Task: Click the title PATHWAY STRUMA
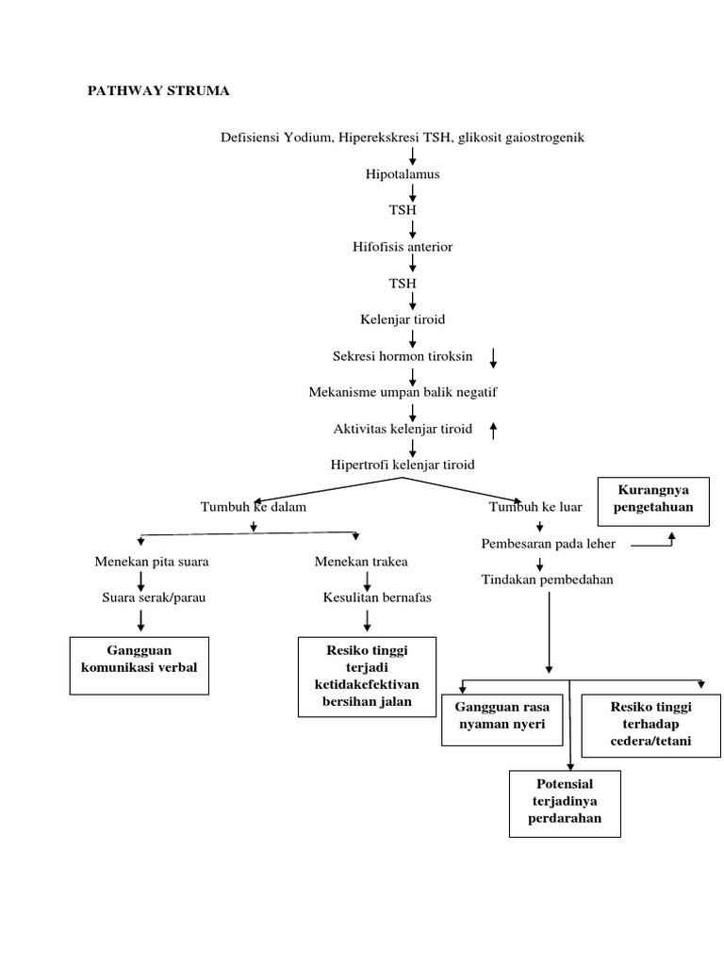pos(158,91)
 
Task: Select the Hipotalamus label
pos(403,174)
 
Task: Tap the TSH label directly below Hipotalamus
pos(403,210)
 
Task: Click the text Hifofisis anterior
pos(403,247)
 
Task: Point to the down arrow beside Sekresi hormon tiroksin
pos(494,357)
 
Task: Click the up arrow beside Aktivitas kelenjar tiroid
pos(493,430)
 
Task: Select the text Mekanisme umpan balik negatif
pos(403,392)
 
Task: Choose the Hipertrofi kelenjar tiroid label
pos(403,465)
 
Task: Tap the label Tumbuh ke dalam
pos(254,507)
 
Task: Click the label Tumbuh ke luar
pos(535,507)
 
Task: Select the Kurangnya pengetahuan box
pos(653,499)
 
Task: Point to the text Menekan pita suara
pos(152,562)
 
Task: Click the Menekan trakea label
pos(361,562)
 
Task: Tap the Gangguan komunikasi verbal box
pos(140,665)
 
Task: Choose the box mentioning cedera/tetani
pos(650,725)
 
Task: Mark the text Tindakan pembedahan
pos(547,580)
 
